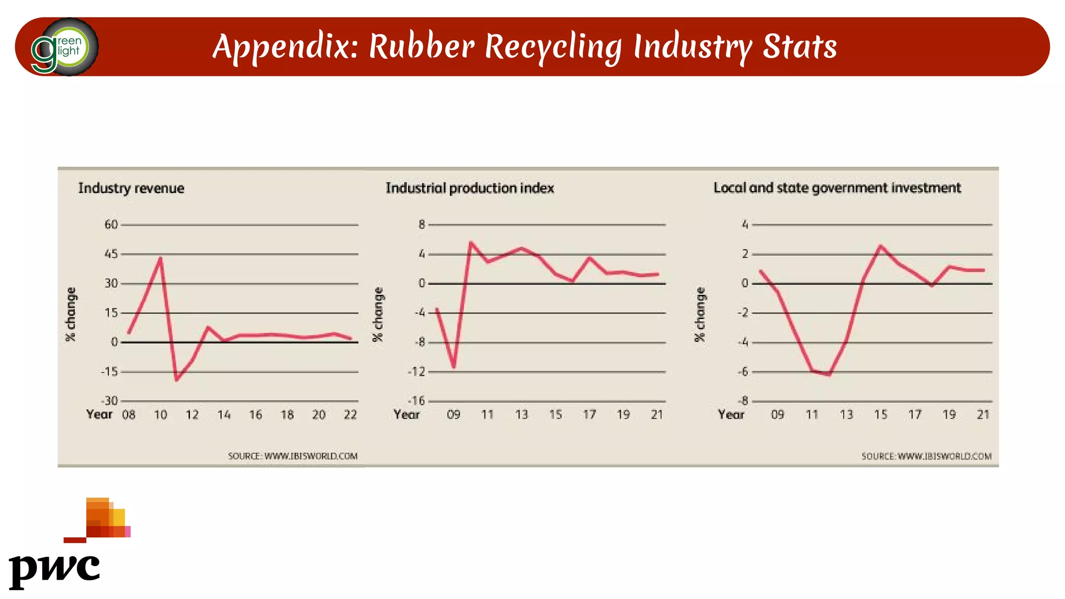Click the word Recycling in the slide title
[553, 47]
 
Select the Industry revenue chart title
[131, 188]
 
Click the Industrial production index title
[470, 188]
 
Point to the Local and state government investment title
[837, 188]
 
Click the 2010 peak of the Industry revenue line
[160, 258]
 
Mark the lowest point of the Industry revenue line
[176, 380]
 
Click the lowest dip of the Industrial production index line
[454, 367]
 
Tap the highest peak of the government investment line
[880, 246]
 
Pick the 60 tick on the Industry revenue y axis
[111, 225]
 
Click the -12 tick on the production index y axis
[417, 372]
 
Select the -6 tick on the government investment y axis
[743, 372]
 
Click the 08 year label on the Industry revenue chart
[128, 415]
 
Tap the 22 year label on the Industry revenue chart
[350, 415]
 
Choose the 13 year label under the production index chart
[521, 415]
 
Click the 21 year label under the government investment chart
[982, 415]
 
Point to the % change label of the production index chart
[378, 315]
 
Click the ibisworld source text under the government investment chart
[926, 457]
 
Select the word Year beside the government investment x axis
[731, 415]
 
